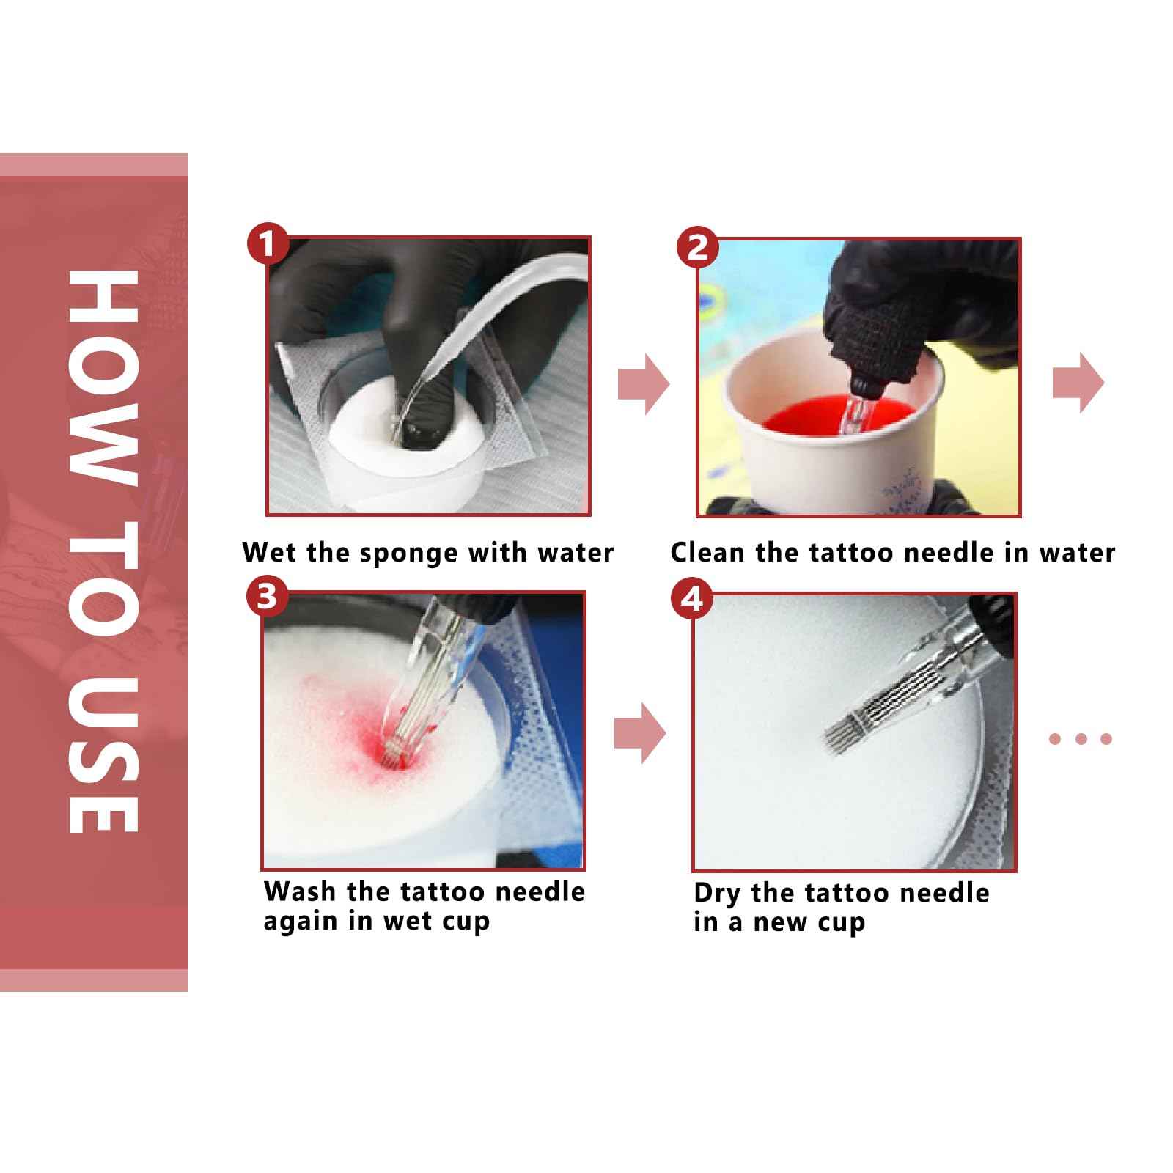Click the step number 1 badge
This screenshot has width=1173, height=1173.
point(268,244)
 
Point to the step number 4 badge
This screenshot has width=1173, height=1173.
point(691,599)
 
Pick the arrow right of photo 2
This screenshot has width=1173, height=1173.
point(1078,384)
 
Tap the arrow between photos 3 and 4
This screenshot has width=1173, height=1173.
point(640,733)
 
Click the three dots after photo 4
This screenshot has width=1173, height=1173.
point(1081,739)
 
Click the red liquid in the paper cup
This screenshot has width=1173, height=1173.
point(836,416)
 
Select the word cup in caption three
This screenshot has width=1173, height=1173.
point(466,923)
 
